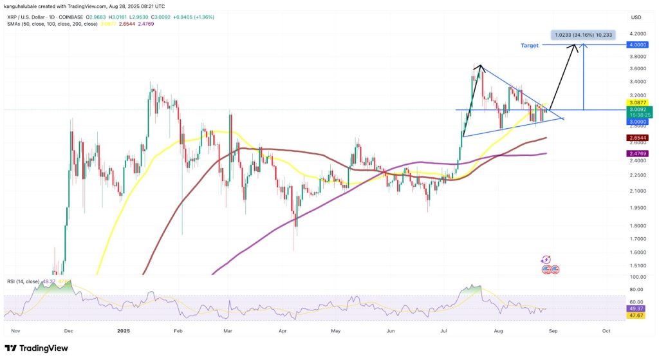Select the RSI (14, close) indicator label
(x=24, y=281)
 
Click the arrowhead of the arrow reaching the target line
(x=581, y=46)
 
